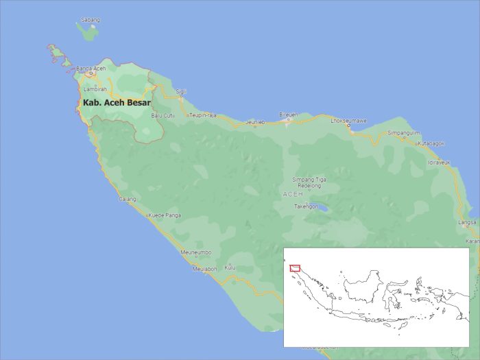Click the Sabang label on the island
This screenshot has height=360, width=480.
tap(90, 21)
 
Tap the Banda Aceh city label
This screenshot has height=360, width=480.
tap(91, 69)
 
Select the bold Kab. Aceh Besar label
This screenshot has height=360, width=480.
tap(117, 103)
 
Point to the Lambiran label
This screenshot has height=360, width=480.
tap(95, 89)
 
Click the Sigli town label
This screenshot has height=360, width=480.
tap(181, 91)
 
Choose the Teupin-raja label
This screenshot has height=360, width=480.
tap(203, 115)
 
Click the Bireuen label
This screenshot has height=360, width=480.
tap(289, 115)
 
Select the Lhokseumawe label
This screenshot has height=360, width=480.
tap(348, 121)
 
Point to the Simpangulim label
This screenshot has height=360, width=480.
tap(403, 132)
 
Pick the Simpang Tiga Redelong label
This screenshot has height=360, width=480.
tap(309, 182)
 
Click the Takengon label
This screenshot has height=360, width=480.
tap(307, 206)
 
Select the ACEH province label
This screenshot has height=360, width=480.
tap(292, 194)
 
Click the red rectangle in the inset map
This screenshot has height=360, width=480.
tap(295, 268)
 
